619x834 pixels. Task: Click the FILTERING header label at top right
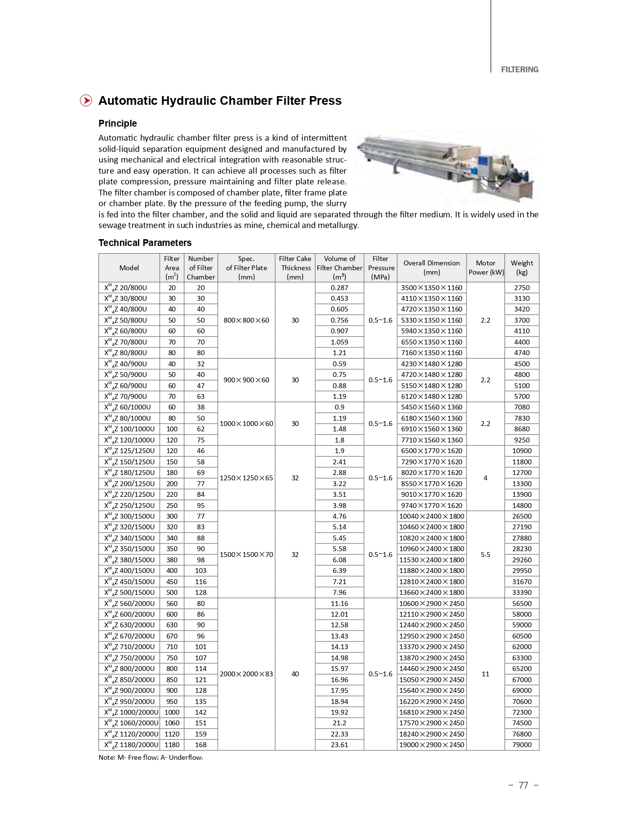click(x=519, y=69)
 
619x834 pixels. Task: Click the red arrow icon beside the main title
click(x=86, y=100)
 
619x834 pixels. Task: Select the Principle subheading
click(x=117, y=123)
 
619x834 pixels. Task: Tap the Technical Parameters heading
click(x=145, y=243)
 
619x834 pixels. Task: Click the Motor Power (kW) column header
click(x=486, y=267)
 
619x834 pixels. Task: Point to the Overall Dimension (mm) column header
click(x=431, y=267)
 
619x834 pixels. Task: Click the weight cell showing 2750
click(x=521, y=288)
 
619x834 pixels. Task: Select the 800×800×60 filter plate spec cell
click(x=246, y=320)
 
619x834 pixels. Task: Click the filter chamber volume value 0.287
click(x=339, y=288)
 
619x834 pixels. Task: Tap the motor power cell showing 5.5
click(x=485, y=555)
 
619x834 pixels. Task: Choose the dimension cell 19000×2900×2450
click(x=431, y=745)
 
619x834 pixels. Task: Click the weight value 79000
click(x=521, y=745)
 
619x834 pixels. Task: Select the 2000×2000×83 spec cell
click(x=246, y=674)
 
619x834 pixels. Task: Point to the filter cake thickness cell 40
click(x=295, y=674)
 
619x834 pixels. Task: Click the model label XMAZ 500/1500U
click(x=130, y=592)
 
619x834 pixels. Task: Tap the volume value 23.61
click(x=339, y=745)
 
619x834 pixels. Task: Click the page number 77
click(x=523, y=785)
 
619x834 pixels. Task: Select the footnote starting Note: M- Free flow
click(x=150, y=757)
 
